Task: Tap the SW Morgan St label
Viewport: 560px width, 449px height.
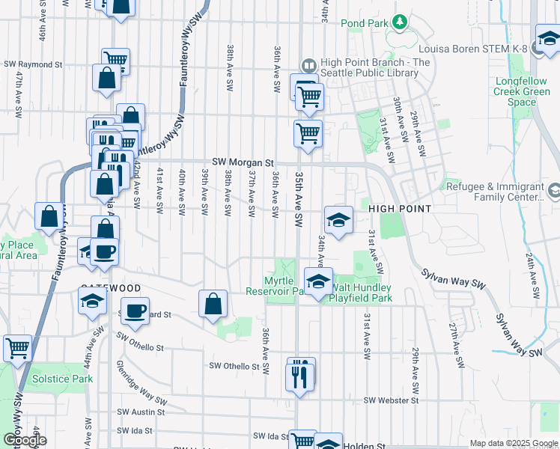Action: [x=243, y=162]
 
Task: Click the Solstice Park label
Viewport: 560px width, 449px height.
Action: [x=62, y=379]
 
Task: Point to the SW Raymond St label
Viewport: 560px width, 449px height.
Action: [x=33, y=65]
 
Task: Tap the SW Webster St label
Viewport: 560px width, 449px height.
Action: [x=391, y=400]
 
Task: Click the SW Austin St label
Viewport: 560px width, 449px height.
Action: [x=141, y=412]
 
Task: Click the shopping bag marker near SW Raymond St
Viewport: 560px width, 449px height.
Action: [x=106, y=78]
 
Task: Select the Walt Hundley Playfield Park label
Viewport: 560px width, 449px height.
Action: [x=362, y=293]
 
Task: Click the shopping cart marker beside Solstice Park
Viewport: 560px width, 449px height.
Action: [x=17, y=348]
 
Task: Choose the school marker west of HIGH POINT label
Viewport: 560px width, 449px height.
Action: [x=338, y=220]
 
